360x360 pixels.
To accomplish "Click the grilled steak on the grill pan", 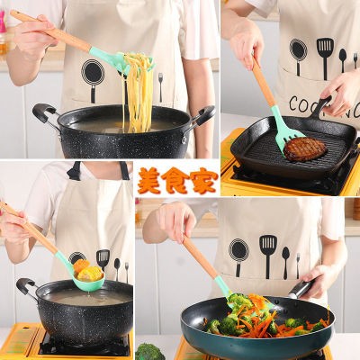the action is coord(305,149).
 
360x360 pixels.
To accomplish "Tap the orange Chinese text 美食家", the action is coord(177,180).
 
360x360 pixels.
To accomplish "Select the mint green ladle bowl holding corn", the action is coord(89,277).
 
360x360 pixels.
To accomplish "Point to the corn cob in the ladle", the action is coord(90,274).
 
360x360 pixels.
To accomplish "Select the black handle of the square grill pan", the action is coord(320,107).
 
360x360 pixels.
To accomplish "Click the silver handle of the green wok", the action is coord(302,289).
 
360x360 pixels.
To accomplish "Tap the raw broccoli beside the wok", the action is coord(149,352).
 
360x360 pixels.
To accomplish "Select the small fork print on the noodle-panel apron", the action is coord(161,87).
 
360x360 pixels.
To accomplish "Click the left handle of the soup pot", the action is coord(26,286).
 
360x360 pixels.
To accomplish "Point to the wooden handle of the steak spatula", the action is coord(264,82).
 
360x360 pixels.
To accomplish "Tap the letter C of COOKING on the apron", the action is coord(294,103).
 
